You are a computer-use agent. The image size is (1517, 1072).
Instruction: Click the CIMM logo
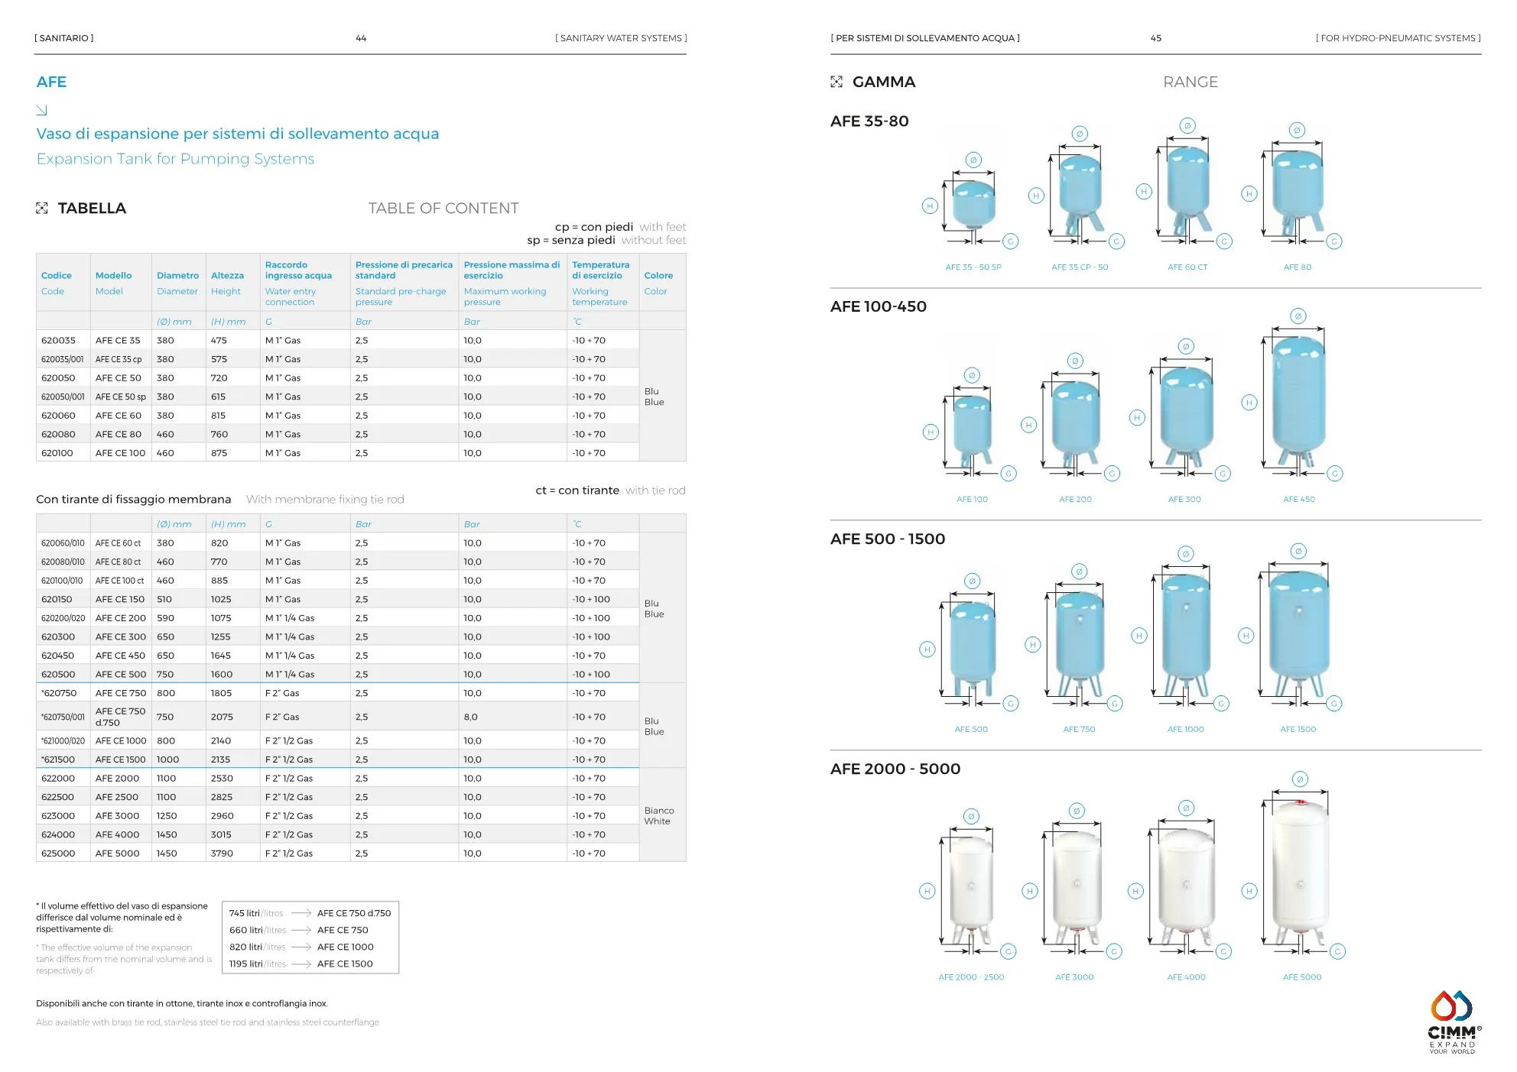(1452, 1022)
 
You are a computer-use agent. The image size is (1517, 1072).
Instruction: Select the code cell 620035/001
(62, 359)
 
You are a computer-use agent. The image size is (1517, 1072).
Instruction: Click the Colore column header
(658, 276)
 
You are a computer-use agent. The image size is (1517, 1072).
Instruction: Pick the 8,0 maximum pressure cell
(470, 717)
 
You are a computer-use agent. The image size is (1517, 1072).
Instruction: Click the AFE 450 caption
(1298, 500)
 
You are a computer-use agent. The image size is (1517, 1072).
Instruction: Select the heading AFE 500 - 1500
(887, 539)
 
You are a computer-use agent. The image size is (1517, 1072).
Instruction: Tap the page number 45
(1155, 38)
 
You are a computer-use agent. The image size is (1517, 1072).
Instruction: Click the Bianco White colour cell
(658, 816)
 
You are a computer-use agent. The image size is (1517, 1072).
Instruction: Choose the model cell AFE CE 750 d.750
(120, 717)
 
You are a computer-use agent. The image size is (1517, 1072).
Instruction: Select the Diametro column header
(177, 276)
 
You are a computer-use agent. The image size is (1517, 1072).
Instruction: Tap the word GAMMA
(883, 83)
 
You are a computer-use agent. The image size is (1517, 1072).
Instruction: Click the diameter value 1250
(167, 816)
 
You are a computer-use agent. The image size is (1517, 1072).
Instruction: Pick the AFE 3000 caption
(1074, 977)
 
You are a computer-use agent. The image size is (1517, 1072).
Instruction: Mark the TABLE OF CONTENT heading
(443, 209)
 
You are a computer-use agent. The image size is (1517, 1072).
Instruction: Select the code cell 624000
(58, 835)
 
